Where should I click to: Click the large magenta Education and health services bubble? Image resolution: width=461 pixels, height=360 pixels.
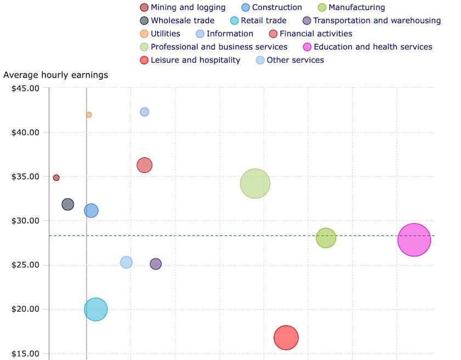[x=414, y=240]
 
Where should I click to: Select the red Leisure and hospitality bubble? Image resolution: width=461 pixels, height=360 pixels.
[x=286, y=337]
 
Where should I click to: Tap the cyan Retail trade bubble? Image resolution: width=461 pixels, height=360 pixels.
[x=95, y=310]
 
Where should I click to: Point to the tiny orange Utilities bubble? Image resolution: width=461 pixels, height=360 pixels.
[x=88, y=115]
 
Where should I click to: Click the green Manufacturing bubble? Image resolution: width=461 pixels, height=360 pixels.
[x=326, y=238]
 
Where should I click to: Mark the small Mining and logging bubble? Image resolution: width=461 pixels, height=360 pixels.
[x=56, y=178]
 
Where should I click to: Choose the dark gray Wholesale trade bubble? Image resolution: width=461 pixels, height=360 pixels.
[x=68, y=204]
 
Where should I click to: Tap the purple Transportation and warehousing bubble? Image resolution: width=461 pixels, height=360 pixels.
[x=156, y=264]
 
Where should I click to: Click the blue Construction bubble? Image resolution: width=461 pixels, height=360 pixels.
[x=91, y=210]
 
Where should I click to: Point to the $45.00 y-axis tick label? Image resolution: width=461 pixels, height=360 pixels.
[x=26, y=88]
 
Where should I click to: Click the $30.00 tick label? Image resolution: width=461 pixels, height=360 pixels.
[x=26, y=221]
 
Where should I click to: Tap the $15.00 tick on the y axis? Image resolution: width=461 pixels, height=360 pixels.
[x=26, y=353]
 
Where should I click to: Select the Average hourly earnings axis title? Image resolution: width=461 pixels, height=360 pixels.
[x=56, y=75]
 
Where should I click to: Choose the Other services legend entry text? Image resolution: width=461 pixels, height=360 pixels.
[x=295, y=60]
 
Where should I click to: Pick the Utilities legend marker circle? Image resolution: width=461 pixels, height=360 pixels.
[x=144, y=33]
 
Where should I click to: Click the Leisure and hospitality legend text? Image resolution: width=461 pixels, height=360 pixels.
[x=195, y=60]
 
